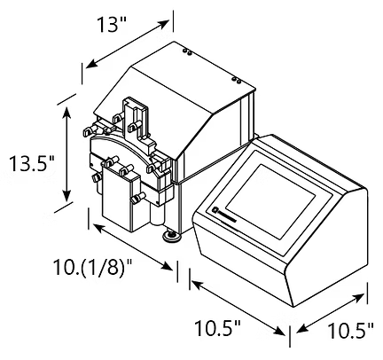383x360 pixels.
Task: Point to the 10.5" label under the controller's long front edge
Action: coord(216,330)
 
